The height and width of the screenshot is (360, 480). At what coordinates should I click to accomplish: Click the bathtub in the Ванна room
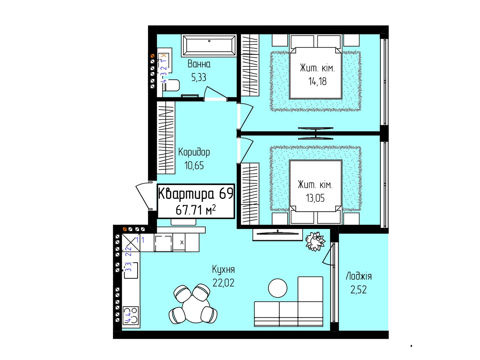tap(208, 46)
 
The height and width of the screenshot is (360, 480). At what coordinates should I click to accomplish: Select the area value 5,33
tap(199, 77)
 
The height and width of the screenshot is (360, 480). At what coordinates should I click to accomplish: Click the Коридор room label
tap(194, 152)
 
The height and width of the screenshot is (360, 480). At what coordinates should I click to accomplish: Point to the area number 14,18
tap(317, 82)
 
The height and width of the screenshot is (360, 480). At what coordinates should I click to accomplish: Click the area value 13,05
tap(315, 198)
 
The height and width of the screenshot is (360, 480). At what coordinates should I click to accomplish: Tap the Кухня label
tap(223, 270)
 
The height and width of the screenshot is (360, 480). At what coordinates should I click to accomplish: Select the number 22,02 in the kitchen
tap(223, 283)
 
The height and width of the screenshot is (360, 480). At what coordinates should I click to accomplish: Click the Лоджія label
tap(358, 276)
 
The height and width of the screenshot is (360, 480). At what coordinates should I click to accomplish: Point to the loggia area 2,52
tap(358, 290)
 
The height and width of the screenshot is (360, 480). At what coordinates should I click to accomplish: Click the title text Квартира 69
tap(196, 193)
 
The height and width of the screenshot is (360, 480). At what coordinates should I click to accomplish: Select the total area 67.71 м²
tap(196, 210)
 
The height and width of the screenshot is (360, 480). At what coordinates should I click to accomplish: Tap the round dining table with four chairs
tap(193, 304)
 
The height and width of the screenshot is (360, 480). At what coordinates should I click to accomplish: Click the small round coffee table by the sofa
tap(277, 288)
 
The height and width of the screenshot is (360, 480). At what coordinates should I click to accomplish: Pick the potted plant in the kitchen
tap(315, 241)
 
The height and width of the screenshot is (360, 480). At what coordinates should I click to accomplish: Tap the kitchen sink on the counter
tap(131, 270)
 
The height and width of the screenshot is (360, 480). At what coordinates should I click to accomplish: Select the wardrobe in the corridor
tap(166, 138)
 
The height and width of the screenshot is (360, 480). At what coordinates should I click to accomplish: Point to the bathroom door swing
tap(215, 93)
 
